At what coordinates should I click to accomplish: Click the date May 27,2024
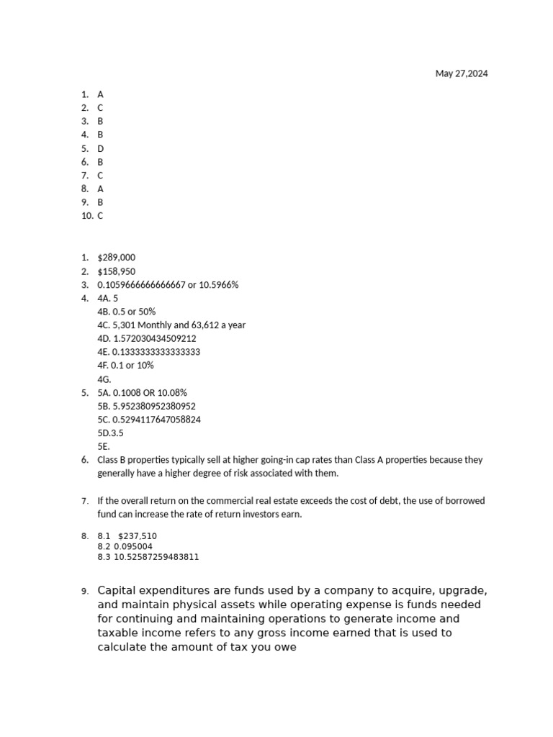coord(461,73)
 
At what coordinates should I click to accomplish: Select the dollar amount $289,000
coord(116,258)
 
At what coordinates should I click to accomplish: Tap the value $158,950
coord(116,271)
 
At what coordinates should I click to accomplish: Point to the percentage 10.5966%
coord(216,285)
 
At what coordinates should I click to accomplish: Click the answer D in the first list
coord(101,148)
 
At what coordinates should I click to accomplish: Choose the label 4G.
coord(104,379)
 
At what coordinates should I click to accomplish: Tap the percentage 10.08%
coord(173,392)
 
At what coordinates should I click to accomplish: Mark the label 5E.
coord(104,446)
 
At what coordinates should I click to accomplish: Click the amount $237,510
coord(138,536)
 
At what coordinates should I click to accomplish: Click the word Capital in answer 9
coord(117,590)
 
